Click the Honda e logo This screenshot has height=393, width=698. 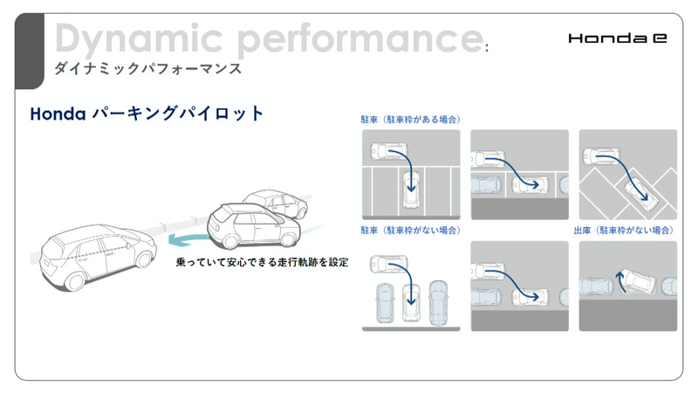pos(616,38)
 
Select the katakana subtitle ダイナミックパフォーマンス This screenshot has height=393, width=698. pos(147,68)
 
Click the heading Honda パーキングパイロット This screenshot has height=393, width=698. pos(147,114)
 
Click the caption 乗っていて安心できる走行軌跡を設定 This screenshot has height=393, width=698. pos(262,262)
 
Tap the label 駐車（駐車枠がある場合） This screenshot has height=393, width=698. pos(410,119)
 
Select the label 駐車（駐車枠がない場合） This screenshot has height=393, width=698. pos(410,231)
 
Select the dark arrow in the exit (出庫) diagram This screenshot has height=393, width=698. pos(620,280)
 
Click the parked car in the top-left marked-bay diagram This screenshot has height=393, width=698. pos(411,189)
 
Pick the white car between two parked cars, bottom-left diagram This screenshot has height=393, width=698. pos(410,302)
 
